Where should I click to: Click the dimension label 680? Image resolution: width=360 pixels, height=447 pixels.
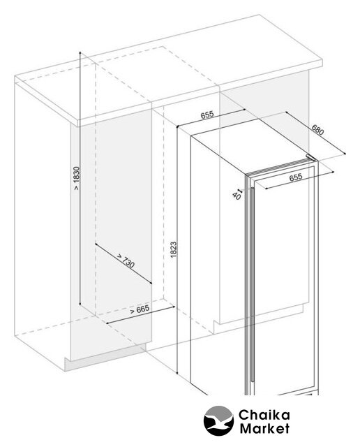tap(317, 130)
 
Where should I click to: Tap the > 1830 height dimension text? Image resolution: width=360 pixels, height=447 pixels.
tap(76, 179)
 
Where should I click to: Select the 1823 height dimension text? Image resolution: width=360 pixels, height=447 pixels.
tap(173, 250)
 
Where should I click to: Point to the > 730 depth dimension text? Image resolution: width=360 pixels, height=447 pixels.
tap(126, 261)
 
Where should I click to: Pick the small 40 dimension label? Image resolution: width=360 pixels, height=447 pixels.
tap(237, 196)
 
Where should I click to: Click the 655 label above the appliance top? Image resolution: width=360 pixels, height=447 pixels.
tap(207, 115)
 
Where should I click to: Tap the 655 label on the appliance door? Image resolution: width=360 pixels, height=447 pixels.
tap(296, 177)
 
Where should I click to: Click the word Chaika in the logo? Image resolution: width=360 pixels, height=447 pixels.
tap(264, 415)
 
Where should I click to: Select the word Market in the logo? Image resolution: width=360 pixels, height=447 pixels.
tap(264, 428)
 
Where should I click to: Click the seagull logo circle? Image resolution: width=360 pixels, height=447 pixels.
tap(218, 420)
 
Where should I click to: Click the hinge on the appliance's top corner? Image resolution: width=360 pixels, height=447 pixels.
tap(310, 157)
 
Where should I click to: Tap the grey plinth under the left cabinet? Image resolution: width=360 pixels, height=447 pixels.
tap(105, 358)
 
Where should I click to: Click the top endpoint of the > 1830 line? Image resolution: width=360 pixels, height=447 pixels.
tap(80, 52)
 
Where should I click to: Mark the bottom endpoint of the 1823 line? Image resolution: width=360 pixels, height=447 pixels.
tap(177, 373)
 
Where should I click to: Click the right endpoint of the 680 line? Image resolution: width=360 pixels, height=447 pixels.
tap(345, 154)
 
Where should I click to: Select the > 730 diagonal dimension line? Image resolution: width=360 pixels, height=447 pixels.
tap(123, 264)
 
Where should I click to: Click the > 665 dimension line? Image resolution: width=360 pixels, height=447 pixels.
tap(140, 315)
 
